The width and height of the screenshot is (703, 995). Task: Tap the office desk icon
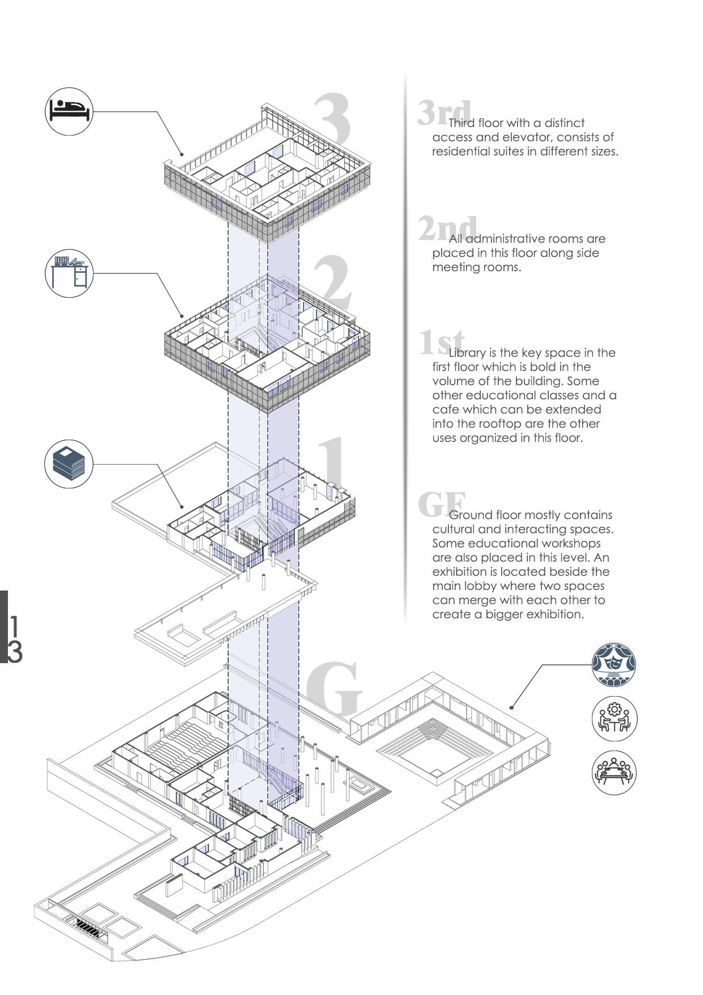[x=69, y=273]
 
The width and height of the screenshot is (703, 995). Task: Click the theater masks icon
[x=614, y=664]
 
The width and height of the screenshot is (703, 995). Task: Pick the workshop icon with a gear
[x=614, y=719]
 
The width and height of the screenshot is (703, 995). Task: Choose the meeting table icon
[x=614, y=772]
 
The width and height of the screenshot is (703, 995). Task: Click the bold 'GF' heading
[x=442, y=504]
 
